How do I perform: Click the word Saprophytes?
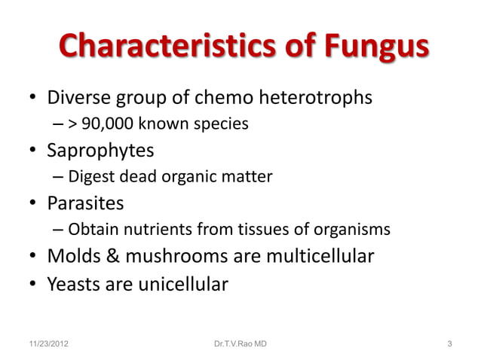pyautogui.click(x=101, y=151)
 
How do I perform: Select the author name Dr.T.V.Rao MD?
pyautogui.click(x=240, y=345)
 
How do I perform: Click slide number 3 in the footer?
pyautogui.click(x=449, y=345)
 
